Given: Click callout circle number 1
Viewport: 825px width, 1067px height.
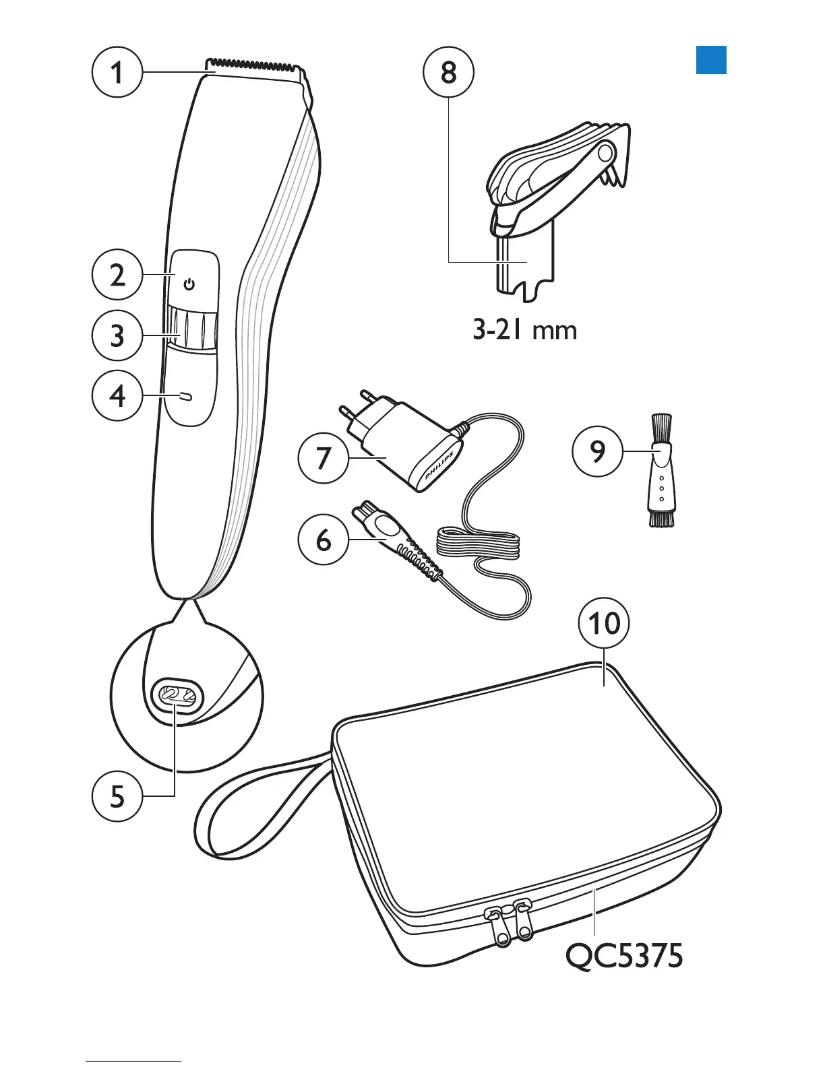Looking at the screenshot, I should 117,72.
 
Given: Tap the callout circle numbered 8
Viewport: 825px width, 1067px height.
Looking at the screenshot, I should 449,72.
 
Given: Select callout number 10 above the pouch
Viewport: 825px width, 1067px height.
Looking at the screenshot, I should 604,623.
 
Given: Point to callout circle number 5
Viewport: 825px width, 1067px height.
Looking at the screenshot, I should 117,796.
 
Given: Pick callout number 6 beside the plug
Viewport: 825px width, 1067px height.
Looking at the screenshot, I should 324,539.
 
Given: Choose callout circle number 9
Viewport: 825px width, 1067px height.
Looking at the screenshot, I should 597,451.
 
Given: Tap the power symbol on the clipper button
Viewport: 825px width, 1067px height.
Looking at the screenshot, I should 189,285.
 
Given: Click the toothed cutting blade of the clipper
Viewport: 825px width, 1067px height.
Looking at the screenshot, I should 255,67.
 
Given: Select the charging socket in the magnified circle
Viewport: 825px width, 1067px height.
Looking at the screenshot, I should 177,694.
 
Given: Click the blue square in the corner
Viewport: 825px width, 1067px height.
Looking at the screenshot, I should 711,59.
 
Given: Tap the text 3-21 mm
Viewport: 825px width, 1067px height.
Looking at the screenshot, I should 524,330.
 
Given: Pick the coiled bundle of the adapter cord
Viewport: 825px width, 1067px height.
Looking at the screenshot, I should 479,542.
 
